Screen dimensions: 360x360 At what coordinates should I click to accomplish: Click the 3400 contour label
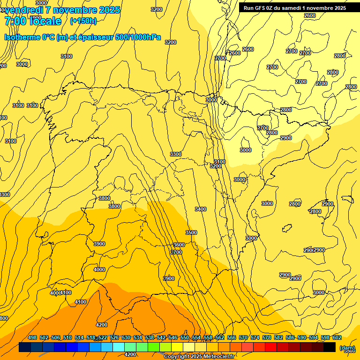pyautogui.click(x=200, y=209)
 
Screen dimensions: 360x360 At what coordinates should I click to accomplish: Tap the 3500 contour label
pyautogui.click(x=191, y=232)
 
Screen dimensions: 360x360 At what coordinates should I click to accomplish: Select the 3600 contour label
pyautogui.click(x=179, y=245)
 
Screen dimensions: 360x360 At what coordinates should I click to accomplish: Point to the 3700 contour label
pyautogui.click(x=176, y=252)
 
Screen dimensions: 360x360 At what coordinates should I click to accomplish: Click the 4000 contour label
pyautogui.click(x=99, y=270)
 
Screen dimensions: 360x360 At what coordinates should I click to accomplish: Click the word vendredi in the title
pyautogui.click(x=25, y=10)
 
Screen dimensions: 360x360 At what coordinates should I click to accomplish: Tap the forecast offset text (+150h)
pyautogui.click(x=83, y=21)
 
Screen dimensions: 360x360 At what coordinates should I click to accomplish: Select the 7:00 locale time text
pyautogui.click(x=33, y=21)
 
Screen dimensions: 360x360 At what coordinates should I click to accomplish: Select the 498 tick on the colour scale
pyautogui.click(x=32, y=337)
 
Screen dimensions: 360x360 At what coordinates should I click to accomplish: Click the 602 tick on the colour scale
pyautogui.click(x=337, y=337)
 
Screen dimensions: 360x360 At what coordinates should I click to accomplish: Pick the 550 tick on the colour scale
pyautogui.click(x=185, y=337)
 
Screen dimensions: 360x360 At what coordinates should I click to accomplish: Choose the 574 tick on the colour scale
pyautogui.click(x=255, y=337)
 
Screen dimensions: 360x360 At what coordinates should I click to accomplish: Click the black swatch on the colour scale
pyautogui.click(x=330, y=347)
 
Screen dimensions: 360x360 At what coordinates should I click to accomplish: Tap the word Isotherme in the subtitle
pyautogui.click(x=22, y=37)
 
